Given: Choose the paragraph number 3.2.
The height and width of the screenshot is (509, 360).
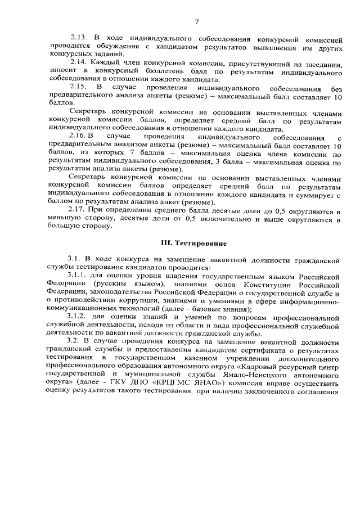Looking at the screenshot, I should [x=74, y=342].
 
